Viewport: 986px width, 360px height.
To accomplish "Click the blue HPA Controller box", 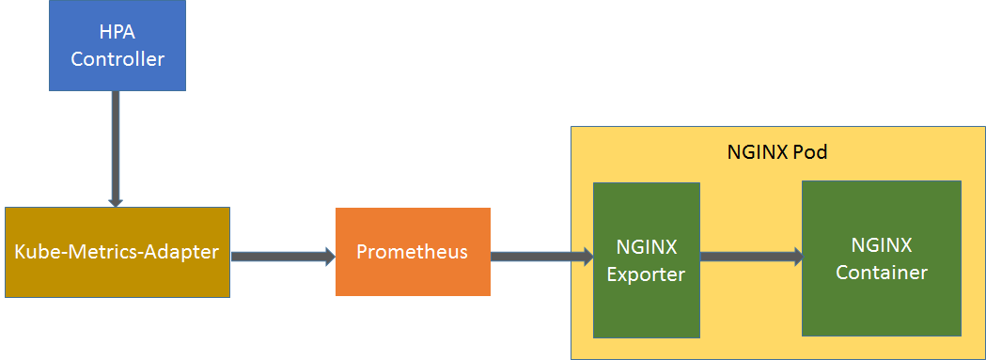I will point(117,45).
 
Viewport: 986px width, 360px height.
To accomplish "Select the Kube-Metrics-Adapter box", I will point(117,252).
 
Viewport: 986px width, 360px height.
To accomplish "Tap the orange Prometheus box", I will point(413,252).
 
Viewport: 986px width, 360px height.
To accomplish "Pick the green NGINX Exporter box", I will point(646,260).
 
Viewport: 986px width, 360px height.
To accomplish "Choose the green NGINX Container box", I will point(881,258).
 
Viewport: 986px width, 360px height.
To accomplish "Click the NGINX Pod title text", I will point(777,151).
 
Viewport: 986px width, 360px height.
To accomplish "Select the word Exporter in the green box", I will point(646,274).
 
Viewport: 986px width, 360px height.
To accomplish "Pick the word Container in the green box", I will point(882,273).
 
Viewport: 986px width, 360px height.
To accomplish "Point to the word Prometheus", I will point(413,252).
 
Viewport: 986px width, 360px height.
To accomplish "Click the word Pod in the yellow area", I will point(810,151).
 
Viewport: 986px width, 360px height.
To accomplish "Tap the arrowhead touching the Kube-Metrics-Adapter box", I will point(116,199).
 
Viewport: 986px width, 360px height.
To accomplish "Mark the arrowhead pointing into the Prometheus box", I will point(328,255).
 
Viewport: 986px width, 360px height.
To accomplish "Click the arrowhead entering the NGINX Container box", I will point(795,256).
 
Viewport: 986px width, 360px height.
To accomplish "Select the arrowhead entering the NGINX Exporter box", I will point(587,255).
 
